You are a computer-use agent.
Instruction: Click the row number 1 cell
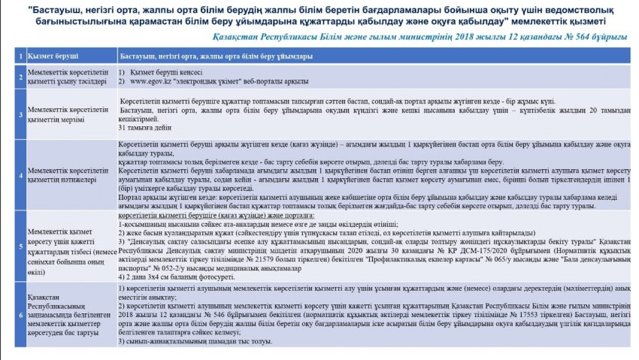[x=19, y=56]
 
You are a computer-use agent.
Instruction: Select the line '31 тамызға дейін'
[x=143, y=129]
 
